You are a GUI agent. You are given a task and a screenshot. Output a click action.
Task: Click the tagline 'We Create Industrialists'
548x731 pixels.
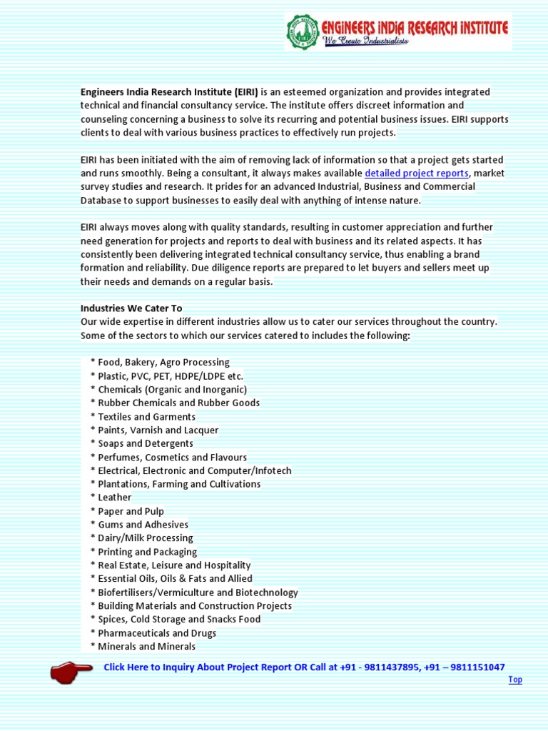[366, 41]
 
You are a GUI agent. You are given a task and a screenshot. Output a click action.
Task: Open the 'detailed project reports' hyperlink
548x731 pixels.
[417, 173]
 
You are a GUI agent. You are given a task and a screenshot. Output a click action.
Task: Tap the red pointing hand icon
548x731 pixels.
[71, 671]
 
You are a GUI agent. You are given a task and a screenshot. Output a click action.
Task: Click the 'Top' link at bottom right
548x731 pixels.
[514, 680]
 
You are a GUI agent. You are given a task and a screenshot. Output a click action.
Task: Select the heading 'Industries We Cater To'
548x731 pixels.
[131, 308]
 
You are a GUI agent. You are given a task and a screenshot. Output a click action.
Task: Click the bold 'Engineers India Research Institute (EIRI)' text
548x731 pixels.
[169, 92]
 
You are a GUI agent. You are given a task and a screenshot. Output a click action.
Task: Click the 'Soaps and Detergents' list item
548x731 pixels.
[146, 443]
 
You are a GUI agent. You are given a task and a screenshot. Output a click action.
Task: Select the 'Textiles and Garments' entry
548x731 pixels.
[146, 417]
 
